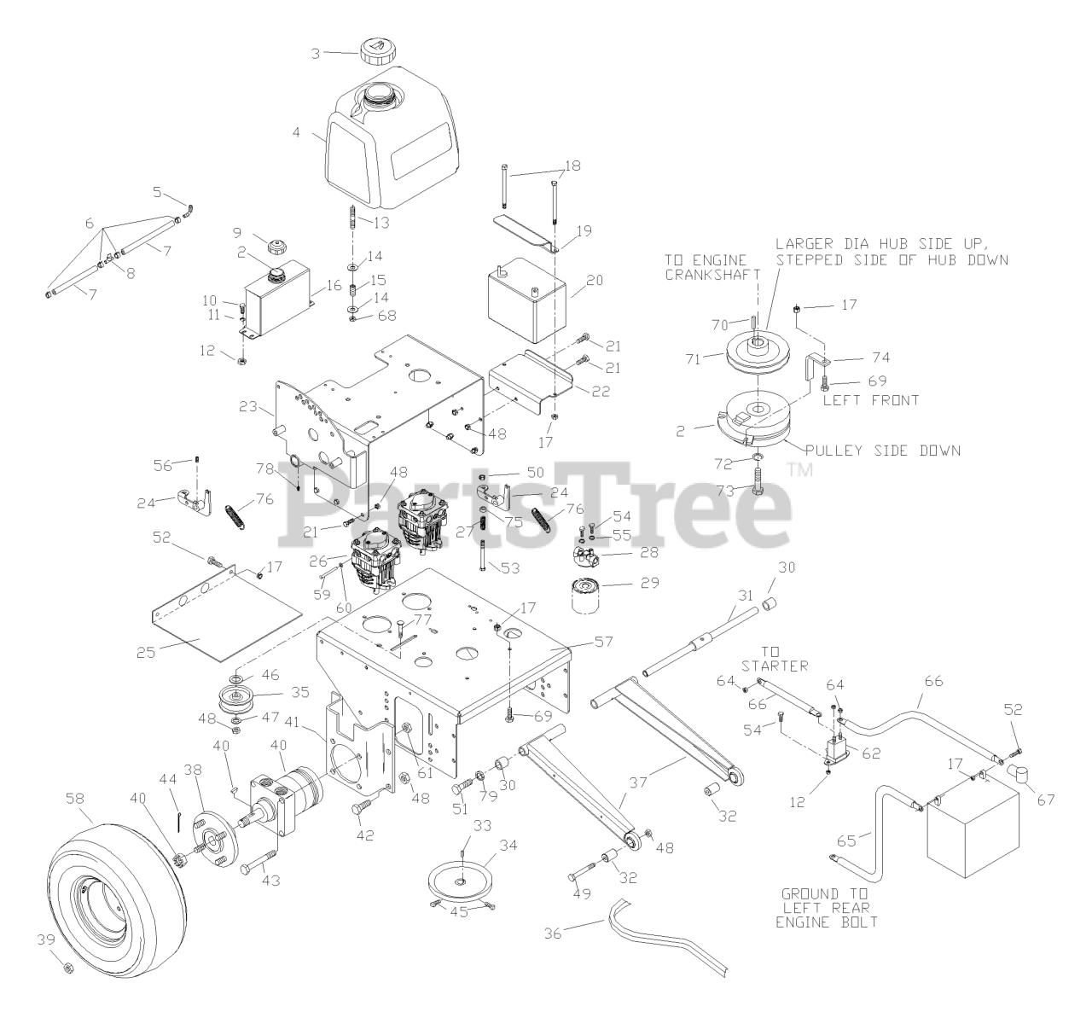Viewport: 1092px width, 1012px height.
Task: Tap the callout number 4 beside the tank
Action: tap(295, 133)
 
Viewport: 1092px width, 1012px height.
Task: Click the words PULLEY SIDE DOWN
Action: tap(888, 450)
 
